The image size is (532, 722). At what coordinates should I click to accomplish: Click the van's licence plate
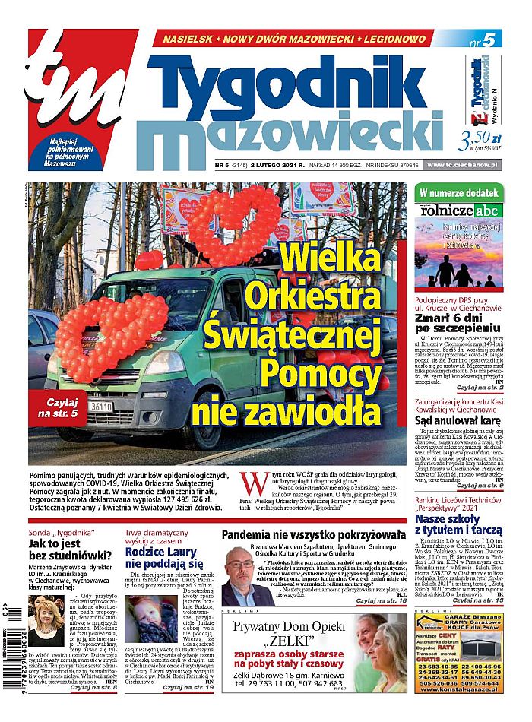tap(101, 407)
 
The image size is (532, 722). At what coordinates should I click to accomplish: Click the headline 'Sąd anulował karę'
tap(456, 420)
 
